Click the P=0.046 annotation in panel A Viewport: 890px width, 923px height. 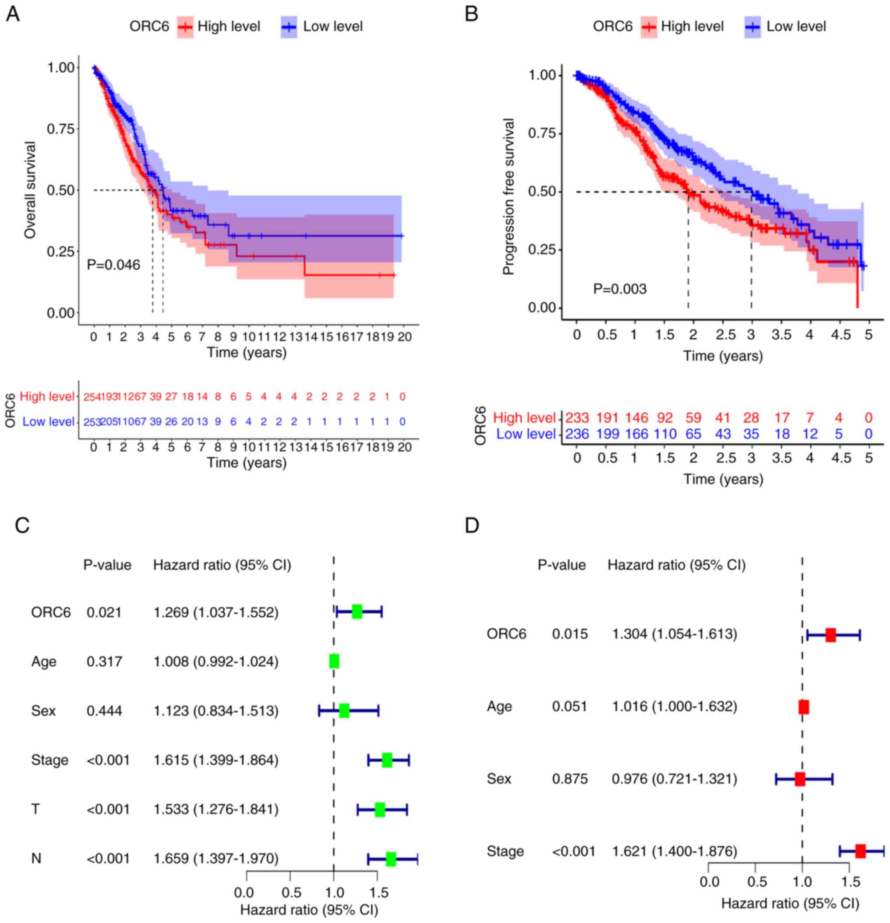point(113,265)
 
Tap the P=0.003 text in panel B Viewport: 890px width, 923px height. point(620,289)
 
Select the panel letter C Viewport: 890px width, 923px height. point(22,525)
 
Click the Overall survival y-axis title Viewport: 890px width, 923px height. point(30,190)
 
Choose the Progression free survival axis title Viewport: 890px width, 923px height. point(509,196)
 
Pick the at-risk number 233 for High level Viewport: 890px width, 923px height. point(577,418)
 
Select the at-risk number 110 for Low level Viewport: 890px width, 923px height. point(665,434)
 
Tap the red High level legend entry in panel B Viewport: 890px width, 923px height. point(682,26)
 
